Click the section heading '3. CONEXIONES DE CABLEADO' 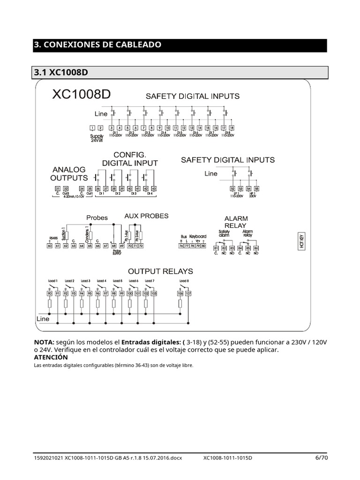click(98, 45)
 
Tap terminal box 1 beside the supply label click(92, 128)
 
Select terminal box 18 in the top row click(232, 128)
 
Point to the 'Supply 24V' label click(97, 138)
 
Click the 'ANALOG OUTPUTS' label click(69, 173)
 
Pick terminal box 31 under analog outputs click(58, 189)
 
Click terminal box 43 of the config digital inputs click(153, 189)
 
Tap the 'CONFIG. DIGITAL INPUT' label click(130, 159)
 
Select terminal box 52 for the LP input click(232, 189)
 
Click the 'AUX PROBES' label click(146, 216)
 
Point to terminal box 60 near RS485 click(50, 245)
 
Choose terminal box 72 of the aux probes click(140, 245)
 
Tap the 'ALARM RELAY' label click(236, 222)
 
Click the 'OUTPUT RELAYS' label click(160, 271)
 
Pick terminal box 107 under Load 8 click(188, 293)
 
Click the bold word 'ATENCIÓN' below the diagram click(51, 357)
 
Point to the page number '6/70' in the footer click(321, 457)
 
